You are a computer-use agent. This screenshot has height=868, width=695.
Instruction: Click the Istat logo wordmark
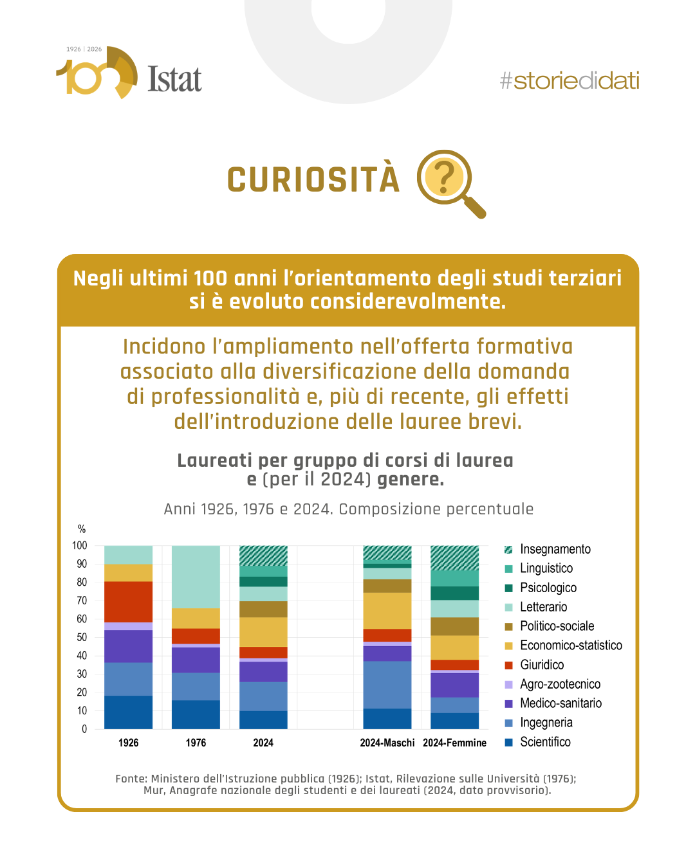[x=174, y=80]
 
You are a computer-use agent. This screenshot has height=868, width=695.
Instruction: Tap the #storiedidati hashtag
[x=570, y=81]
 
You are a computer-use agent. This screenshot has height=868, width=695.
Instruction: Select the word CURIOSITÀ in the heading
[x=313, y=180]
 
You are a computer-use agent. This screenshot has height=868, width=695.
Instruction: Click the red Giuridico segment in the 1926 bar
[x=129, y=602]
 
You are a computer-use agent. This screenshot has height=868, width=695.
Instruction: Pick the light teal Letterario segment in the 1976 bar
[x=196, y=577]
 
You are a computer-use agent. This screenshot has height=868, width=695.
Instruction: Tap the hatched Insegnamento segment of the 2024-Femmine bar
[x=454, y=558]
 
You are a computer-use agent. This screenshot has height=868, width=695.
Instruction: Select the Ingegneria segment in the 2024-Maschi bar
[x=387, y=685]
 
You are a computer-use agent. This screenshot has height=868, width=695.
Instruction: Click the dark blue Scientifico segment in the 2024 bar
[x=263, y=719]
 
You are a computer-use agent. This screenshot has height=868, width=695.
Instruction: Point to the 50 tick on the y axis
[x=82, y=637]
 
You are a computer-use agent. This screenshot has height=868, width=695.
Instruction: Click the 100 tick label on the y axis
[x=80, y=545]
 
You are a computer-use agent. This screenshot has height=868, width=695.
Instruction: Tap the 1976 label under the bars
[x=196, y=743]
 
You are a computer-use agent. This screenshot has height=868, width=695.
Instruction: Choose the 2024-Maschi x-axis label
[x=387, y=743]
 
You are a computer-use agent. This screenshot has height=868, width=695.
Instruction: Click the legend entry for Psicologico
[x=548, y=588]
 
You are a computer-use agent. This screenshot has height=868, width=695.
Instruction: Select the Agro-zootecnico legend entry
[x=560, y=684]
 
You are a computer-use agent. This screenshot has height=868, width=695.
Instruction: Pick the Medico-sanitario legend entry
[x=561, y=703]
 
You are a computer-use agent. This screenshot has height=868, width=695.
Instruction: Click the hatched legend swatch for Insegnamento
[x=508, y=549]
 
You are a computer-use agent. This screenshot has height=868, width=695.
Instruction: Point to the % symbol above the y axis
[x=82, y=529]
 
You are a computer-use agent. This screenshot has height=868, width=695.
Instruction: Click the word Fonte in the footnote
[x=131, y=779]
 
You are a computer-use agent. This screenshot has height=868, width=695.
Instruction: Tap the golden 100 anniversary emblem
[x=97, y=73]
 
